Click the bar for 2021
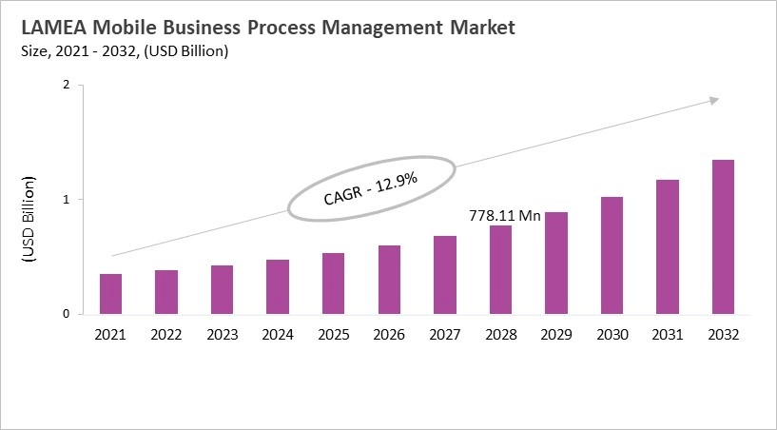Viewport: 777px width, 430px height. click(x=110, y=294)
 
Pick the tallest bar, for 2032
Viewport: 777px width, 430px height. click(x=723, y=237)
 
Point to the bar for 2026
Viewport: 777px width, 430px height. click(x=389, y=280)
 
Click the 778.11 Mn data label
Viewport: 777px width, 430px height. click(x=504, y=216)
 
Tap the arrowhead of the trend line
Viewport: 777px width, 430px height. click(x=713, y=100)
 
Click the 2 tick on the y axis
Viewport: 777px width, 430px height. click(x=67, y=85)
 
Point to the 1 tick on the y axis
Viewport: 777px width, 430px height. click(x=67, y=200)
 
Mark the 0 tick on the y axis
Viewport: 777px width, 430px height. click(x=67, y=314)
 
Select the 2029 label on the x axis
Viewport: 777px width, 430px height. click(x=556, y=335)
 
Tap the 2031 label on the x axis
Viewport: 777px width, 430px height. click(x=668, y=335)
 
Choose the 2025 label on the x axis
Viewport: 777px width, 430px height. click(x=334, y=335)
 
